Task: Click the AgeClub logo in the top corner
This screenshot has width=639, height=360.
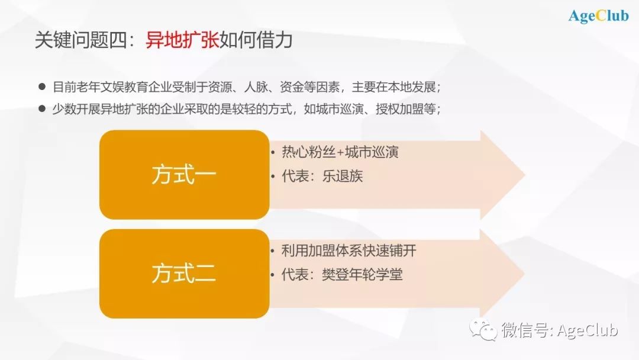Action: coord(599,16)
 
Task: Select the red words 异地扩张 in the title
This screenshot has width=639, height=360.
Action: coord(182,40)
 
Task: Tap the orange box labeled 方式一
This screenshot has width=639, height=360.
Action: coord(184,175)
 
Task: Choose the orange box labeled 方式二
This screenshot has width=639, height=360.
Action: coord(184,274)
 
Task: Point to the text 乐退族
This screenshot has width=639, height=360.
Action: coord(343,176)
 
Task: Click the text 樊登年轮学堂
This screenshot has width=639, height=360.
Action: coord(362,274)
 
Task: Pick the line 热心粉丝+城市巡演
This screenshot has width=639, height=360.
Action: coord(340,152)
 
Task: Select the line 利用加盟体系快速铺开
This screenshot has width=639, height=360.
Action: coord(349,250)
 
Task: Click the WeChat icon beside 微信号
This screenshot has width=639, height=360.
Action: coord(483,329)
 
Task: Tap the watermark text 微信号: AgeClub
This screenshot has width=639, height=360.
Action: coord(560,330)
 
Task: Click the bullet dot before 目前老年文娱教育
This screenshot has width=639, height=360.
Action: coord(42,86)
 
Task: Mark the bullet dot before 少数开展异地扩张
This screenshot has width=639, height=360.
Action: coord(42,108)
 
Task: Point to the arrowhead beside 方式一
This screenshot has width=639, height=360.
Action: coord(502,175)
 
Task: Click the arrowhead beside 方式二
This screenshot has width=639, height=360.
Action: coord(502,273)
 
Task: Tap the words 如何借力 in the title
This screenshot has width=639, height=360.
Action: coord(256,40)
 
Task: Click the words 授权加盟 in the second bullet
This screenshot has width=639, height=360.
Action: coord(399,109)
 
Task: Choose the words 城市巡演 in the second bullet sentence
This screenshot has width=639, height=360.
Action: coord(340,109)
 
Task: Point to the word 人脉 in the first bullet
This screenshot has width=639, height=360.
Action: coord(256,87)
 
